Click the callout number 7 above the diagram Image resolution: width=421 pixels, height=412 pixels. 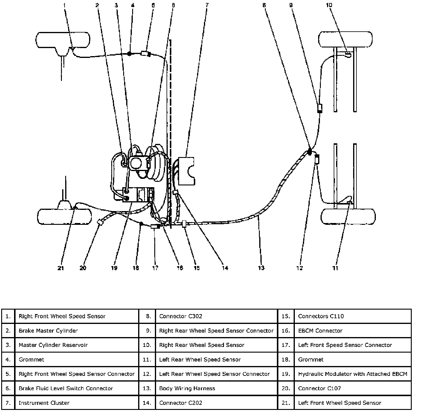[207, 5]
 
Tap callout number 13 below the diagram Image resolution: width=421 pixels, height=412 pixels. [261, 268]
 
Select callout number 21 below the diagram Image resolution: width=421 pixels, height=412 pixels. [61, 268]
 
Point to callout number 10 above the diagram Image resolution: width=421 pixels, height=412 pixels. [329, 5]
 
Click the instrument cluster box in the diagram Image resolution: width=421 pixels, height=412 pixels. [186, 171]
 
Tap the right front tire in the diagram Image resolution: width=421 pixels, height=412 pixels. [63, 40]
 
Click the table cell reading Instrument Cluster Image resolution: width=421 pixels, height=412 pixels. [44, 403]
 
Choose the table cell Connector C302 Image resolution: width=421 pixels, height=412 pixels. [181, 316]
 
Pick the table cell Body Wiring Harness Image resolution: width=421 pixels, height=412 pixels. [187, 388]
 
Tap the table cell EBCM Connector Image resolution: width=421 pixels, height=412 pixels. [320, 330]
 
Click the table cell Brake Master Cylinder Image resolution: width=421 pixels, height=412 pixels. [48, 330]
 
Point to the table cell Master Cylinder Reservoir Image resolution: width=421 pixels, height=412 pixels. [53, 345]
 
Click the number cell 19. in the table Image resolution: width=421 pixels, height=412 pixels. [286, 374]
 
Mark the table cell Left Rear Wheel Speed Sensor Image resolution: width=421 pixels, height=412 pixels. [200, 359]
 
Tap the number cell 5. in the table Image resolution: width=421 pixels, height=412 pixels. [8, 374]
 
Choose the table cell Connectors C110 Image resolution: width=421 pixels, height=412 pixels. [321, 316]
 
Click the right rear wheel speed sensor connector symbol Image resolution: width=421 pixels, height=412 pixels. [320, 108]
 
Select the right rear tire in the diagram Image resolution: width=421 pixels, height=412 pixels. [345, 39]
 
